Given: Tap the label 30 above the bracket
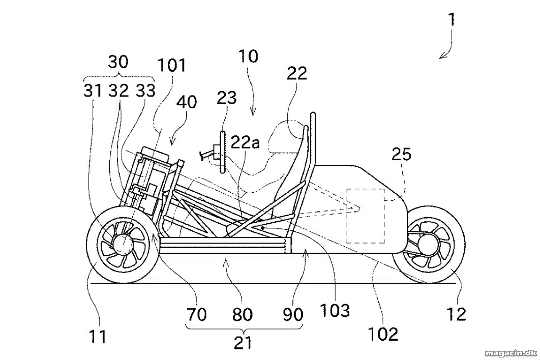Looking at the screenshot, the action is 118,63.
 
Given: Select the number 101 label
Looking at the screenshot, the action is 171,65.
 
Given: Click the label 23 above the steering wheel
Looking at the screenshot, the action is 227,98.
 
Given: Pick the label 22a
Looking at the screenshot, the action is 245,142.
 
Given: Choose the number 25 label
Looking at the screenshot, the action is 402,155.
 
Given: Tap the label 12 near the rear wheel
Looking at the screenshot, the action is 456,314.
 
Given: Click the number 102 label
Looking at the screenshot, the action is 383,334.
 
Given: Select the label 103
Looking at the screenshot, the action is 335,310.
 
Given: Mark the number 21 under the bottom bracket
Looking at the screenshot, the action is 243,343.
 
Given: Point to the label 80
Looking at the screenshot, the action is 243,314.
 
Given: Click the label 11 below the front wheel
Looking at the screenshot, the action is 98,336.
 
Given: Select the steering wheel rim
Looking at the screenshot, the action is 223,152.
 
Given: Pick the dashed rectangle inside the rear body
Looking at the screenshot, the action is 365,216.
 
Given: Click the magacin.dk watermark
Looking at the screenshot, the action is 511,353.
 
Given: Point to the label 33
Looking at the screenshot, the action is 145,91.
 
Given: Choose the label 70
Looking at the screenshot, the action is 197,314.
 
